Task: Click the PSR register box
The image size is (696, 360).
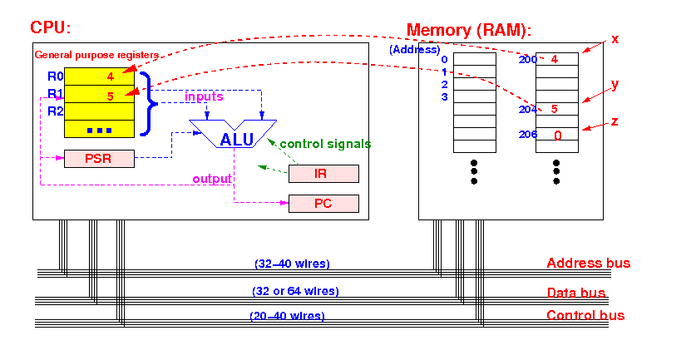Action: tap(99, 159)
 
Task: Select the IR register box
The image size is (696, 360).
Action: tap(323, 174)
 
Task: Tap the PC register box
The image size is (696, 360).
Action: tap(323, 204)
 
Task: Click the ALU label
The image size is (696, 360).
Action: tap(237, 140)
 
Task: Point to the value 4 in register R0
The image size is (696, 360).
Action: tap(110, 76)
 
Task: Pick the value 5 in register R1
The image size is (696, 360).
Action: tap(110, 96)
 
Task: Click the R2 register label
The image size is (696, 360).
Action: tap(56, 111)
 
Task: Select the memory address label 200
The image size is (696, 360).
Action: tap(528, 60)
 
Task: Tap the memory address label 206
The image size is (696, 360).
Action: tap(528, 134)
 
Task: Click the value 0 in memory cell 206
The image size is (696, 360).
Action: tap(558, 136)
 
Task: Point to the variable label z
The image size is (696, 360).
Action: tap(615, 121)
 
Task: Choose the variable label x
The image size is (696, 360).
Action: tap(615, 39)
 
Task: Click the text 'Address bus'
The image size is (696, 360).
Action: tap(588, 263)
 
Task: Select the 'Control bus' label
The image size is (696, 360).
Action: tap(585, 315)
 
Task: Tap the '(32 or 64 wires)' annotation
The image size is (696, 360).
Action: tap(296, 291)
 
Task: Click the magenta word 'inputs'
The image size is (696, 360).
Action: tap(204, 96)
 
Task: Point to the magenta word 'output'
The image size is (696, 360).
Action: tap(212, 179)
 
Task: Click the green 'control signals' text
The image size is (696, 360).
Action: tap(325, 144)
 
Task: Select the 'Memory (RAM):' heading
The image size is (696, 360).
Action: tap(469, 30)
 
